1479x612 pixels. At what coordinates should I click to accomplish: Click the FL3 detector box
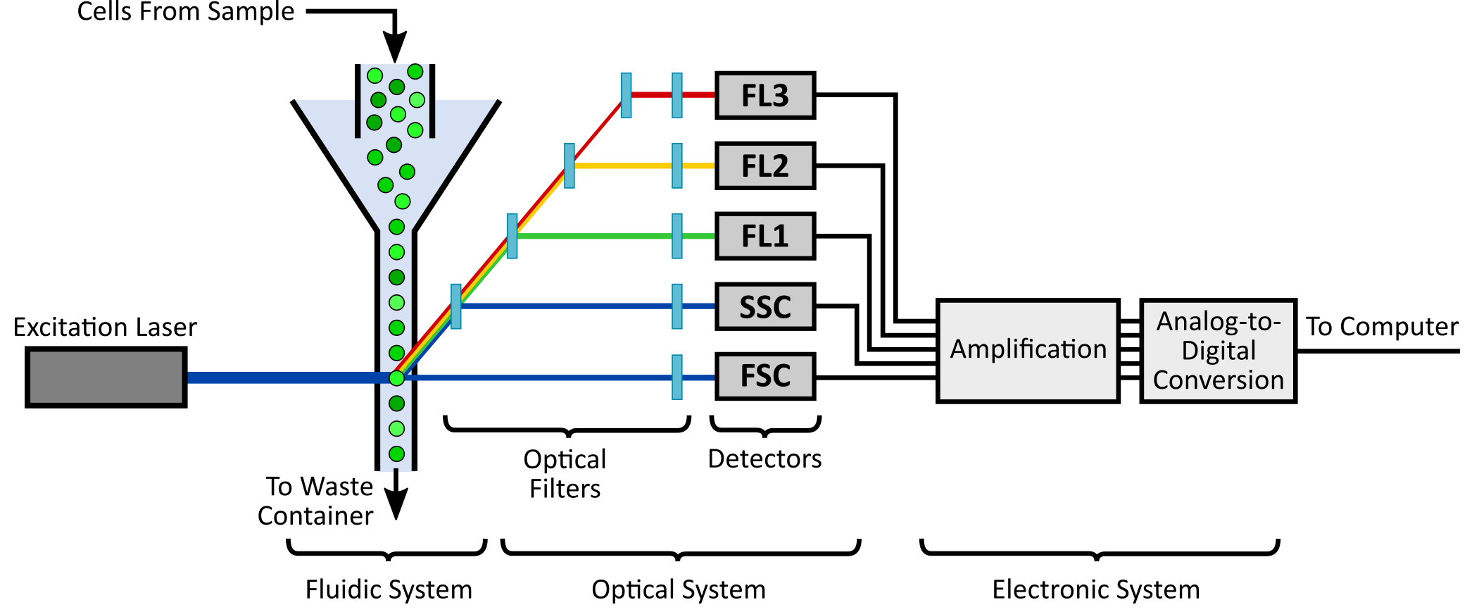pos(765,95)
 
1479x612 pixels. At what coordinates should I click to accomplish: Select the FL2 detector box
pos(765,166)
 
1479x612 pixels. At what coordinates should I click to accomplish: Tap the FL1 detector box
pos(765,236)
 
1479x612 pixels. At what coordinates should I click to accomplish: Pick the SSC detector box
pos(765,306)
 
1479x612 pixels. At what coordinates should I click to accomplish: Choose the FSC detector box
pos(765,376)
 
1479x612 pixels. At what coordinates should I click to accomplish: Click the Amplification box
pos(1028,351)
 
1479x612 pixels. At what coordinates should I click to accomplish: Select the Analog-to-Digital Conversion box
pos(1218,351)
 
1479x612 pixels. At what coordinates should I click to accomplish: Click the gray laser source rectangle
pos(106,377)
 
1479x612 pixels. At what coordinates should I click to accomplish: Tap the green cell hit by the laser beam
pos(397,378)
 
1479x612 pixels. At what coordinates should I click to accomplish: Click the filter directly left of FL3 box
pos(676,95)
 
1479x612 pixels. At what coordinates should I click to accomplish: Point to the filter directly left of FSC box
pos(676,377)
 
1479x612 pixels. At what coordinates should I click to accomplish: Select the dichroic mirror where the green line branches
pos(512,236)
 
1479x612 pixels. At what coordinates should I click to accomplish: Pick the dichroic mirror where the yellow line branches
pos(569,166)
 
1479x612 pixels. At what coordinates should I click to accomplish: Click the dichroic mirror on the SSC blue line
pos(456,306)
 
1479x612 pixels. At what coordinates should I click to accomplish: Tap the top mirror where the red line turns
pos(626,95)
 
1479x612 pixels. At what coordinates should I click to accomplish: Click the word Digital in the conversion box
pos(1219,351)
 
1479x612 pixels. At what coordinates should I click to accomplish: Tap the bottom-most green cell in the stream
pos(396,454)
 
